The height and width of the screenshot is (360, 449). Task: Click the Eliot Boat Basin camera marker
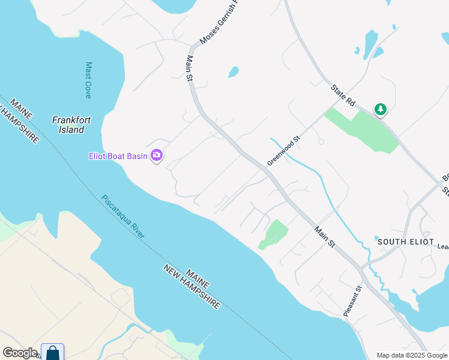[157, 156]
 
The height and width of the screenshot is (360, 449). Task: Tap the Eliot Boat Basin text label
[118, 157]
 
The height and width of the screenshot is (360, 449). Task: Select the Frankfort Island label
[71, 124]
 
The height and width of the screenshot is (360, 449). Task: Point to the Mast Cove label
[88, 80]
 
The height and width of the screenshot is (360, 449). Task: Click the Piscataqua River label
[122, 216]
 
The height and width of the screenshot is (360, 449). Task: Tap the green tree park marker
[380, 109]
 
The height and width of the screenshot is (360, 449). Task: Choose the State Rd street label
[343, 96]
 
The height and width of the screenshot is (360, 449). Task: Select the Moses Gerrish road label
[218, 24]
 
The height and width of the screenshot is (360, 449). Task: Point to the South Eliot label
[402, 241]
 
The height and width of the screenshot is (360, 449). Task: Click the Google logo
[20, 353]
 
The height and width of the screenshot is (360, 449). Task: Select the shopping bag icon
[53, 353]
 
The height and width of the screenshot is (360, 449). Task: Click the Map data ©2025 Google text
[412, 355]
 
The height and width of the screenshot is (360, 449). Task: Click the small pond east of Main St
[233, 73]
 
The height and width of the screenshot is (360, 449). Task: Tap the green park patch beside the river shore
[273, 234]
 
